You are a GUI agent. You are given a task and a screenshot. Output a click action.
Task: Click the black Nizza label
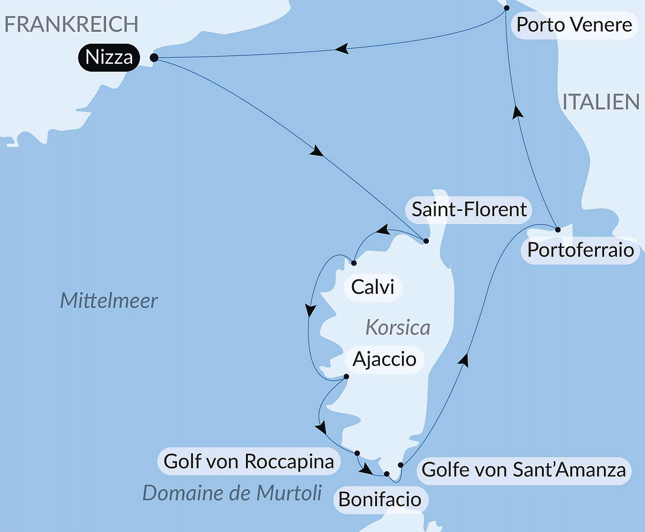(109, 57)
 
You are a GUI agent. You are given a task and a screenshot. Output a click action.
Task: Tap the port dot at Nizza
(154, 58)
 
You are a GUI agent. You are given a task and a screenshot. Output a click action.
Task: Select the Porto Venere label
(574, 25)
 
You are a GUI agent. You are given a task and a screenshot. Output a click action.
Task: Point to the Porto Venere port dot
(507, 8)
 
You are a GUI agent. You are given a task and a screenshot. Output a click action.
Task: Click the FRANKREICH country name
(71, 24)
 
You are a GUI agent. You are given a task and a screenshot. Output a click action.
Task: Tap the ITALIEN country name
(601, 102)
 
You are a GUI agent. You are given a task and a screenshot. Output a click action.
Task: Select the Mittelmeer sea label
(109, 301)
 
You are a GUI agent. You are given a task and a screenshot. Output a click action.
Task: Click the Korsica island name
(398, 328)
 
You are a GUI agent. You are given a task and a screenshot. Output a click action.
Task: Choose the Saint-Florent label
(469, 210)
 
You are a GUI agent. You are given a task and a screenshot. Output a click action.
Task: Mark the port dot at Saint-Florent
(426, 241)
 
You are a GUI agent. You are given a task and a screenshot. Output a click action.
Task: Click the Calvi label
(372, 287)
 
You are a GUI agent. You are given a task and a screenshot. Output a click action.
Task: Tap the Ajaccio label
(384, 359)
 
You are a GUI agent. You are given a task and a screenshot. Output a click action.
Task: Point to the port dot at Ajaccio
(346, 377)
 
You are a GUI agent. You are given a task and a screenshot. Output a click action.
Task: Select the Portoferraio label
(580, 250)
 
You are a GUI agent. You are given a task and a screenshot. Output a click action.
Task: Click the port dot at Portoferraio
(558, 230)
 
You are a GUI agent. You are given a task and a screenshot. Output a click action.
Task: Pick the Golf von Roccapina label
(249, 462)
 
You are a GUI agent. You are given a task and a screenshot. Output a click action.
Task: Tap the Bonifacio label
(380, 500)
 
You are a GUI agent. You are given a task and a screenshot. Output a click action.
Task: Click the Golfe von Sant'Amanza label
(524, 470)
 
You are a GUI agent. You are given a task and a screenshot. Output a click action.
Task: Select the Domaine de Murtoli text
(232, 493)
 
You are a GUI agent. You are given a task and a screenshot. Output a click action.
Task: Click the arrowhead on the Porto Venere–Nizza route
(342, 49)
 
